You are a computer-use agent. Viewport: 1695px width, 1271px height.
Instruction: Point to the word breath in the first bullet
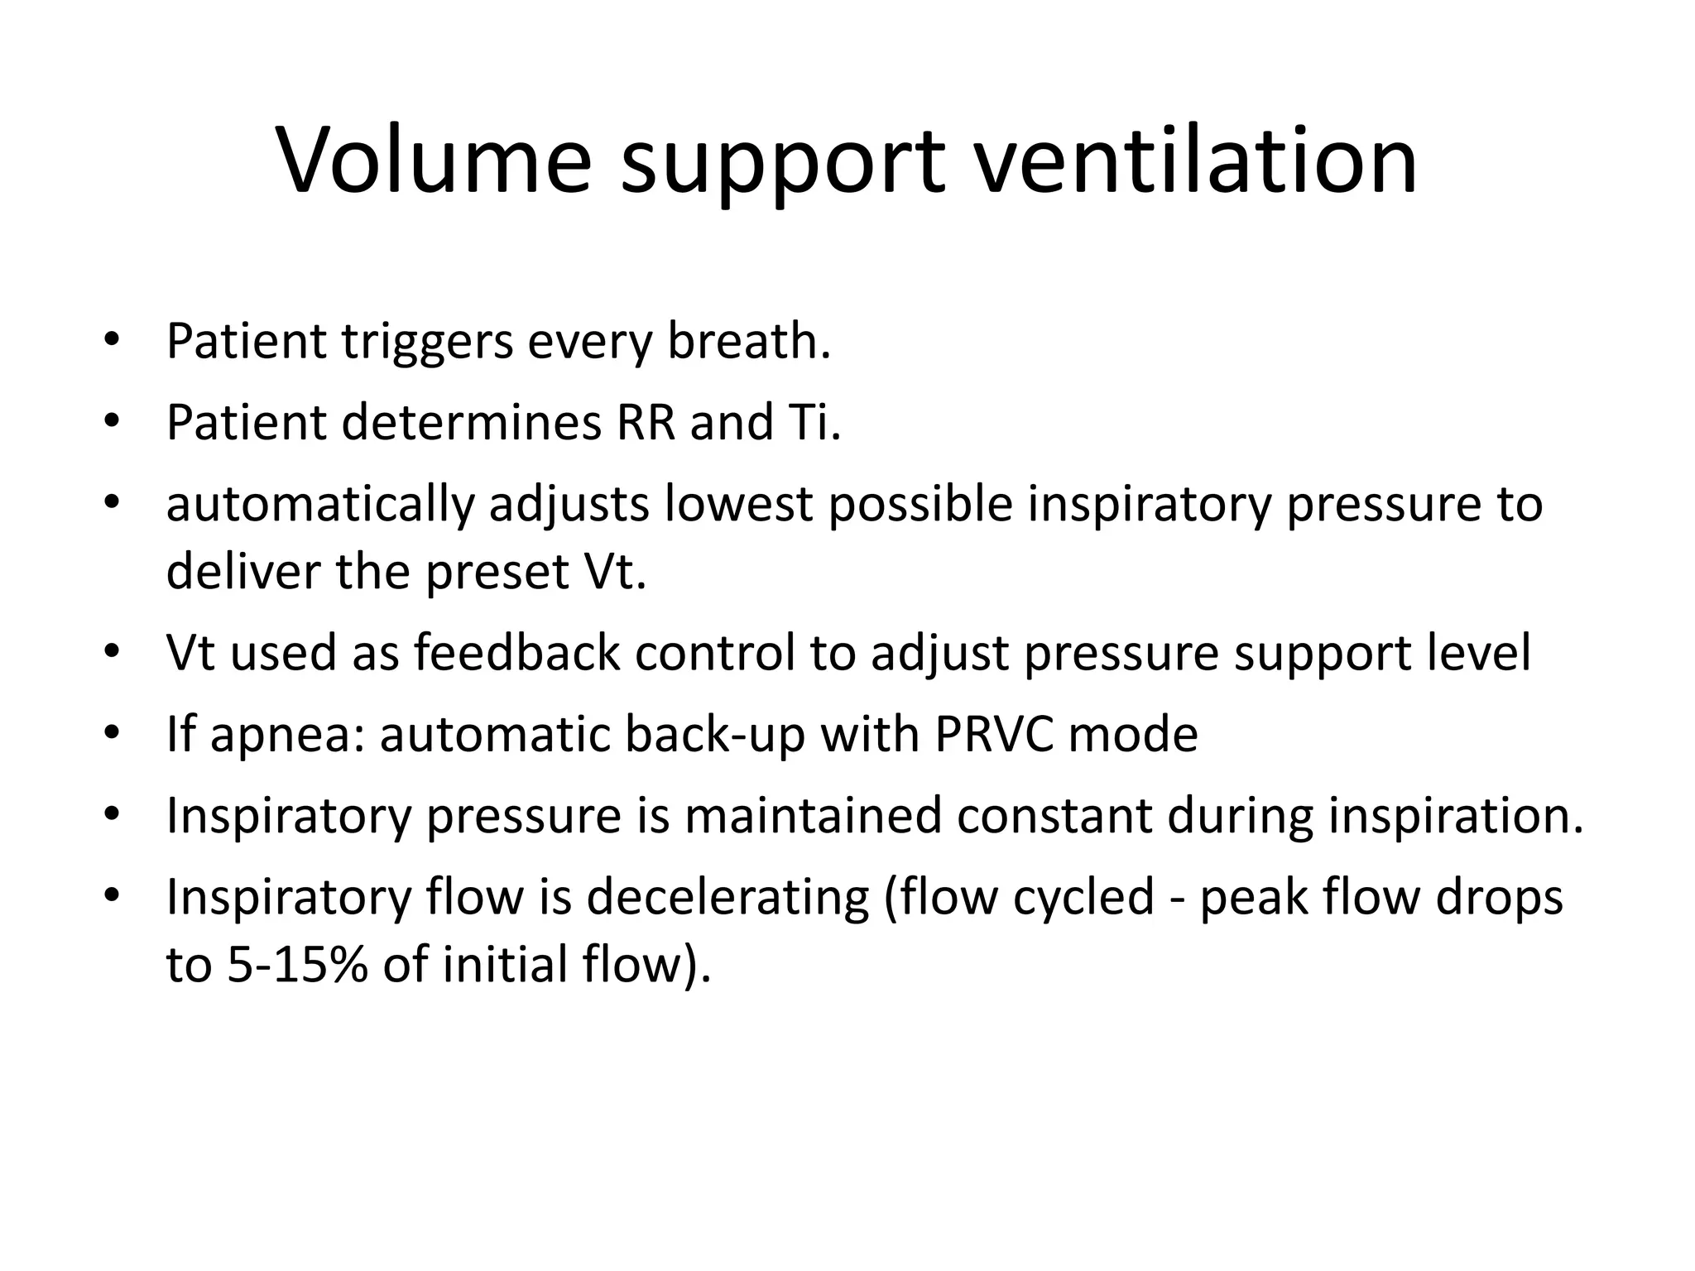(748, 341)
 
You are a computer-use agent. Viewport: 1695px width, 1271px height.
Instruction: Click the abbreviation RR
(646, 422)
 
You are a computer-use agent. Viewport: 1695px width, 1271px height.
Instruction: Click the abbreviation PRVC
(995, 735)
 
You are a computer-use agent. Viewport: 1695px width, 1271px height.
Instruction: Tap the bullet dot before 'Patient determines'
(113, 420)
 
